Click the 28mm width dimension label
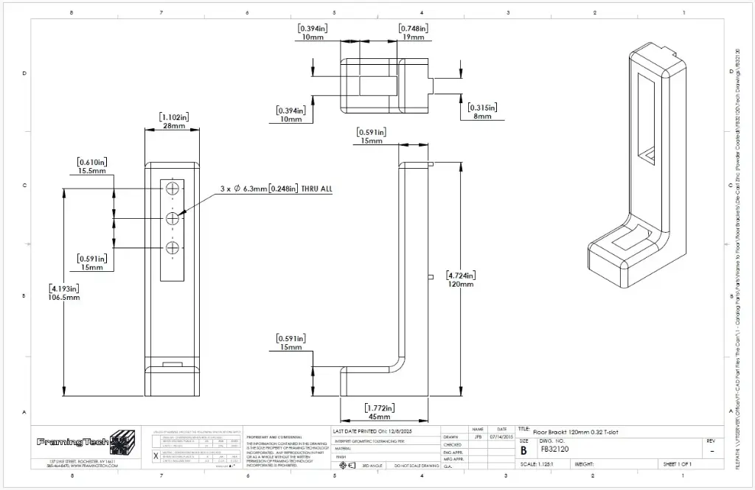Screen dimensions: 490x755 pos(174,126)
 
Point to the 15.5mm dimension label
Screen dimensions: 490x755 pos(92,171)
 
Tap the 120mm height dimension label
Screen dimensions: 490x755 pos(461,284)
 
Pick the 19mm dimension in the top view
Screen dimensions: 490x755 pos(414,38)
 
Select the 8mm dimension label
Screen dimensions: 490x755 pos(483,116)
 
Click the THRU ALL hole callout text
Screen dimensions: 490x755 pos(276,189)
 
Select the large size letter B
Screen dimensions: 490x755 pos(523,449)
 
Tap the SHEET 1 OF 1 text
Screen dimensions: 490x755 pos(677,464)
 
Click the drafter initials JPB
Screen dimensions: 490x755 pos(478,437)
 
